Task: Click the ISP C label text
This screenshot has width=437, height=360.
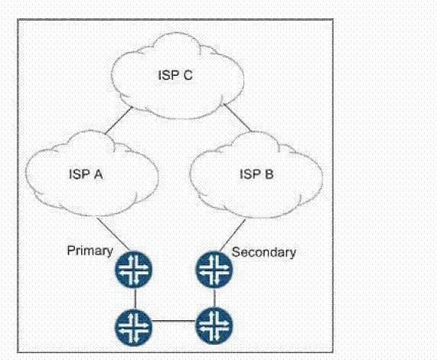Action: (x=175, y=75)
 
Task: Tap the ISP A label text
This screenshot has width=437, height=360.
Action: (x=86, y=175)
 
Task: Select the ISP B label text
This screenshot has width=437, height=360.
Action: (x=256, y=174)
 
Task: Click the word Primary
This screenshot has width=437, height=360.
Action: (x=90, y=251)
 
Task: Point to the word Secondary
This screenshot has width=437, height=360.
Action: (x=263, y=252)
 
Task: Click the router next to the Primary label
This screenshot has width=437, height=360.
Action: (x=134, y=270)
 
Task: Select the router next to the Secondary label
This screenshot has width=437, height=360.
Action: (x=214, y=270)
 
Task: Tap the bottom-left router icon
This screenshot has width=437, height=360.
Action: (x=134, y=326)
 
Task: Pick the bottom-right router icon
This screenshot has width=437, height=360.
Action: (x=214, y=326)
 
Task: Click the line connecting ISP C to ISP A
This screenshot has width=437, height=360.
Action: (x=119, y=121)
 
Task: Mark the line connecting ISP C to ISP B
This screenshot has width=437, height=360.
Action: (x=237, y=117)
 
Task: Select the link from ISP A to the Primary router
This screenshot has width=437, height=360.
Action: (x=113, y=234)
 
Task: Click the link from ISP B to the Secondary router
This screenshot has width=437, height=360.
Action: (x=233, y=235)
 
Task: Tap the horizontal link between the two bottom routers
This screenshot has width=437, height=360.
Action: (x=174, y=321)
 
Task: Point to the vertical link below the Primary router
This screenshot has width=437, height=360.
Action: (x=135, y=298)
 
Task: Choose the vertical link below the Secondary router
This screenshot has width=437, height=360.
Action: (x=214, y=298)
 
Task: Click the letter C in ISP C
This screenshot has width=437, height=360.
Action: (x=188, y=75)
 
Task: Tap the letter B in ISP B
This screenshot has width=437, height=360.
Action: (x=269, y=174)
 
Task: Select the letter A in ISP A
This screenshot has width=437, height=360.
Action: (x=99, y=175)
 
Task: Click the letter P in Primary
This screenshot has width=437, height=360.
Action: (x=70, y=250)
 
